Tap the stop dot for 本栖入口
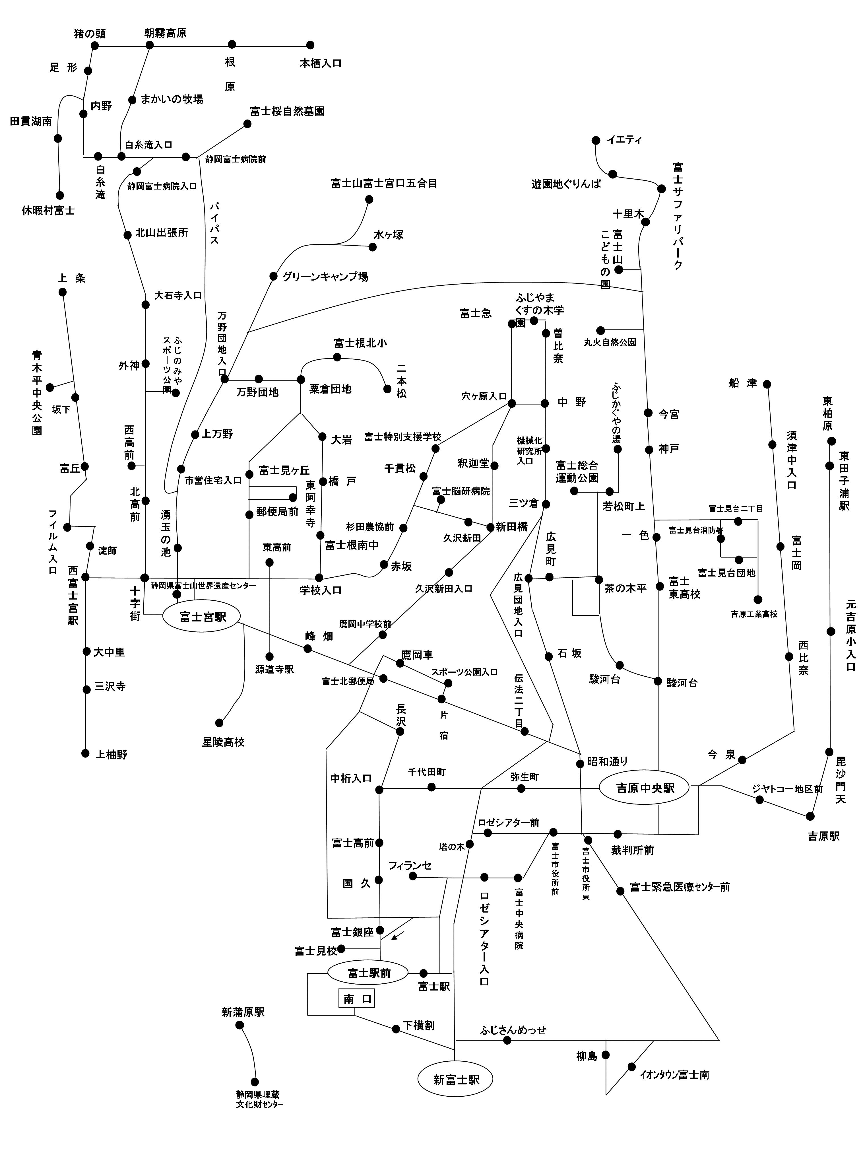coord(311,45)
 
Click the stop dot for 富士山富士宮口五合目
coord(369,199)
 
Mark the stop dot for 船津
coord(767,384)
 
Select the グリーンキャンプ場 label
coord(325,277)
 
